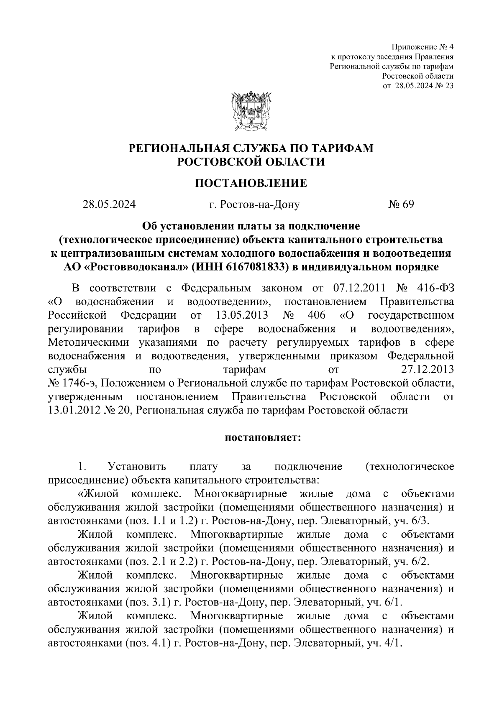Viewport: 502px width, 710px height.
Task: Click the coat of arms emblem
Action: [251, 110]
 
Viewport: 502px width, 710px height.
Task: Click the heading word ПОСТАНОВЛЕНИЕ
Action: [251, 183]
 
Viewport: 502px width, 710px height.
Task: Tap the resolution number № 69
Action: [401, 204]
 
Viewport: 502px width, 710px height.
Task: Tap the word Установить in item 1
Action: [137, 466]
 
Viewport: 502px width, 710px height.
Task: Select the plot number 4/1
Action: [392, 644]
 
